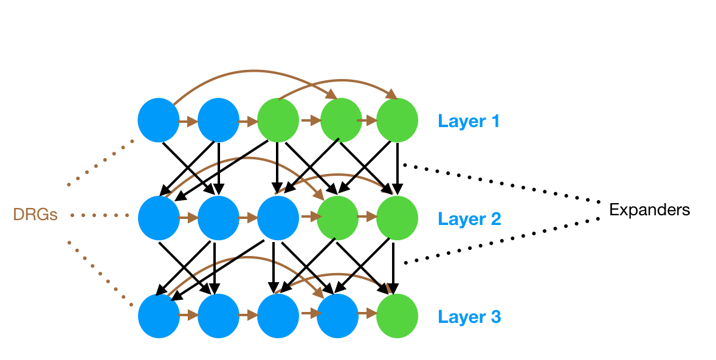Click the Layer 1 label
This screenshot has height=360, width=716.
point(469,121)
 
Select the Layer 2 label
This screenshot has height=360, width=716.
point(469,219)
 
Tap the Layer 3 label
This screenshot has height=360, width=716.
point(469,317)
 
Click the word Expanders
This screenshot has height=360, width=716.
point(650,210)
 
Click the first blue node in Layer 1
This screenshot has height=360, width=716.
point(158,119)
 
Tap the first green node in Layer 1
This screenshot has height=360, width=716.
point(278,119)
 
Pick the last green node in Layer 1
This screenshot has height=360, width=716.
point(397,119)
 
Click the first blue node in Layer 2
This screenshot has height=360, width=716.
point(158,218)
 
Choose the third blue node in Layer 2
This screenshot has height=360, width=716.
point(278,218)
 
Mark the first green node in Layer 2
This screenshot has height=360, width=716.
point(337,218)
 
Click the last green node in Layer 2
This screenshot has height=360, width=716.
point(397,218)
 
